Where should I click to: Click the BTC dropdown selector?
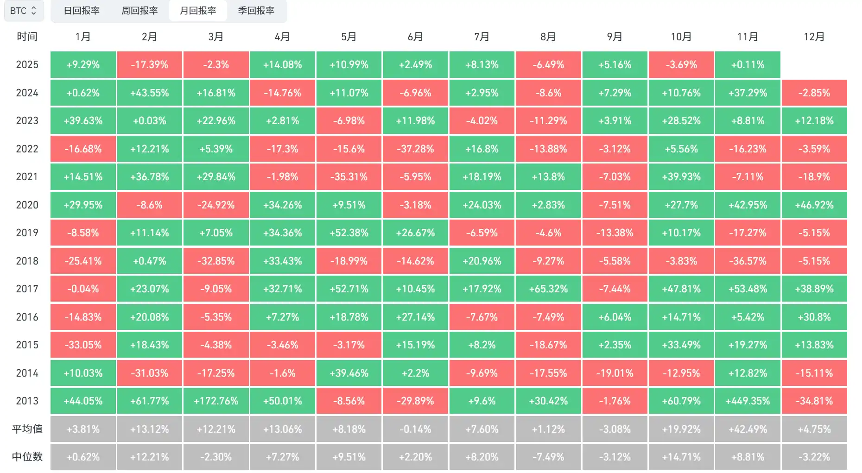(x=24, y=11)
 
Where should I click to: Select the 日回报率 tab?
(x=82, y=11)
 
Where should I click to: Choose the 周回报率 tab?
(x=139, y=11)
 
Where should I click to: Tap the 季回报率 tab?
(x=256, y=11)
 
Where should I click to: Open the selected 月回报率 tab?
(x=198, y=11)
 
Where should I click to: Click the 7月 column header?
(x=482, y=37)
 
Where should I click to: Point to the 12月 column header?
(x=814, y=37)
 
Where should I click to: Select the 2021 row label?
(x=27, y=177)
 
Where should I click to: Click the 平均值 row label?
(x=27, y=429)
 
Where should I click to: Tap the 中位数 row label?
(x=27, y=457)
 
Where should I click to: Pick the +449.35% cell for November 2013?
(x=748, y=401)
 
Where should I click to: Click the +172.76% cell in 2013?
(x=216, y=401)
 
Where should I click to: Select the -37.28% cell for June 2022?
(x=415, y=149)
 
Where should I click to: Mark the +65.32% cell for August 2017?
(x=548, y=289)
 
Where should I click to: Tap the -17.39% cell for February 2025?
(x=149, y=64)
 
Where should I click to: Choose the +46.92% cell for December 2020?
(x=814, y=205)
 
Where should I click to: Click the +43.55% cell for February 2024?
(x=149, y=93)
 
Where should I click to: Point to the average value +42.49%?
(x=748, y=429)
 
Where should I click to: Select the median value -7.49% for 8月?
(x=548, y=457)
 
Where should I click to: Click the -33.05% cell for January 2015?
(x=83, y=345)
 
